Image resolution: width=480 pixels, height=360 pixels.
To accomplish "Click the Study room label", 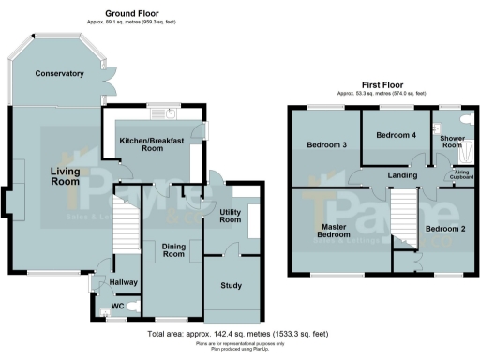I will (232, 286).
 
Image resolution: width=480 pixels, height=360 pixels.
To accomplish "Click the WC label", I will (118, 307).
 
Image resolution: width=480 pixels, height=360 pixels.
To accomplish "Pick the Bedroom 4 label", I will (395, 135).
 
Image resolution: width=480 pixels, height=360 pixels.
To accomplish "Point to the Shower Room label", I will (452, 142).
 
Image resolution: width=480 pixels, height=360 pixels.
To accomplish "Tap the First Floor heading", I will (382, 84).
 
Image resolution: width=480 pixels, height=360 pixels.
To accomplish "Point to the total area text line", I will (238, 335).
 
